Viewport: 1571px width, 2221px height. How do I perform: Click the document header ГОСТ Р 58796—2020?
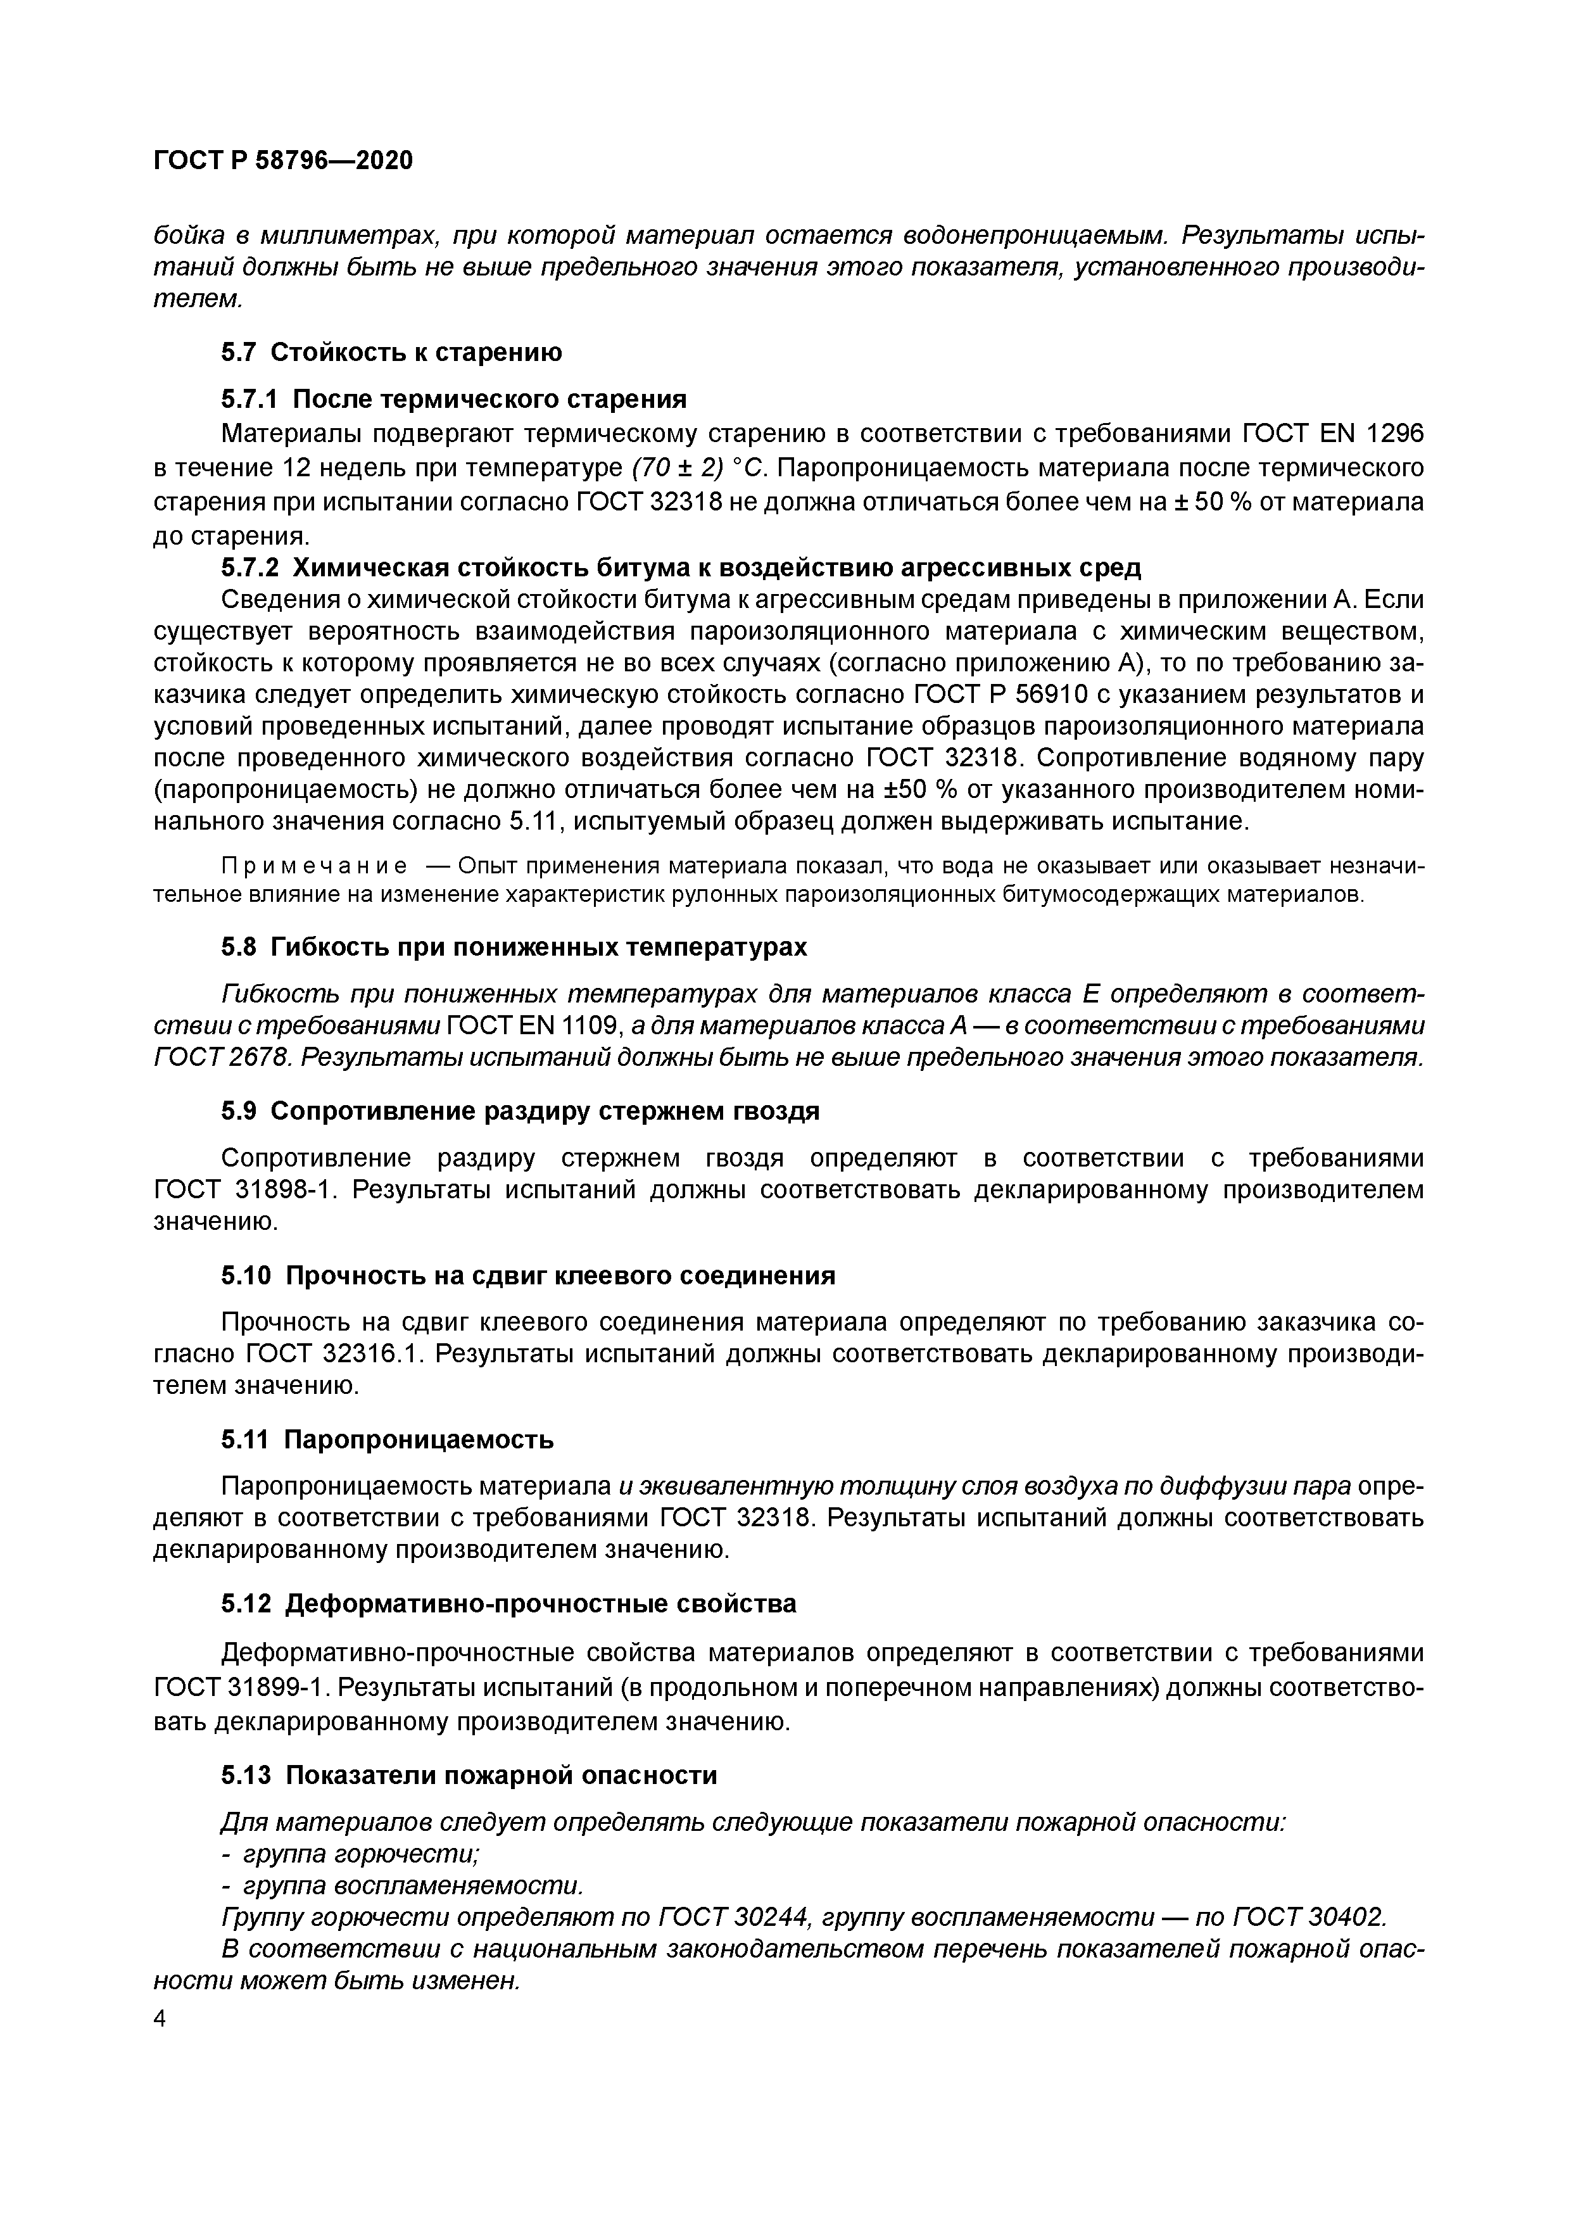pyautogui.click(x=282, y=161)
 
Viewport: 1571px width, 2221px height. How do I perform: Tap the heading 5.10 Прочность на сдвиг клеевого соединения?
pyautogui.click(x=527, y=1276)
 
